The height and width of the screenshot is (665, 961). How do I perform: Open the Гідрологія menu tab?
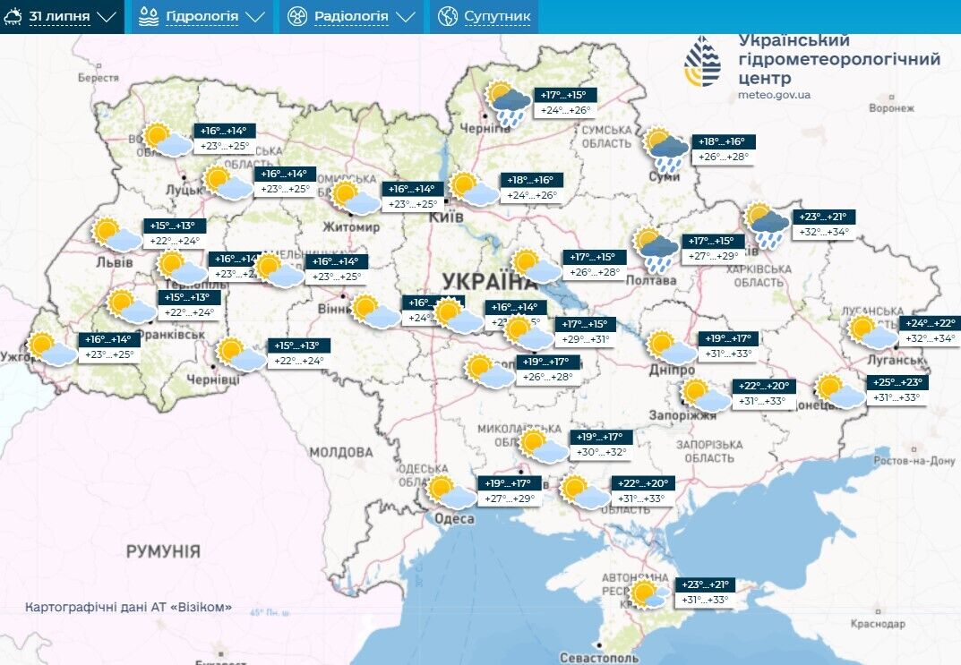point(202,16)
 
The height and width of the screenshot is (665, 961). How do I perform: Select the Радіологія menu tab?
point(351,16)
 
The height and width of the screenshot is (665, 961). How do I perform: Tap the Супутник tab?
point(485,16)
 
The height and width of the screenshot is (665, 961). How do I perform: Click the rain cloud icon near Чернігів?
point(507,104)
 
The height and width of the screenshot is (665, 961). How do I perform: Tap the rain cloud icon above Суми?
point(667,149)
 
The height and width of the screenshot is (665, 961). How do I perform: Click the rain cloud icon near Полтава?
point(656,249)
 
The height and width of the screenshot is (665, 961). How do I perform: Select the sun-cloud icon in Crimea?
point(647,594)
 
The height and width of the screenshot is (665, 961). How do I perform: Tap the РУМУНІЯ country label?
point(162,550)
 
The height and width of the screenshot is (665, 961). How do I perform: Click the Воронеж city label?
point(891,108)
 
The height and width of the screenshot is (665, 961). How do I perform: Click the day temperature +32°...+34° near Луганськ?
point(930,339)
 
